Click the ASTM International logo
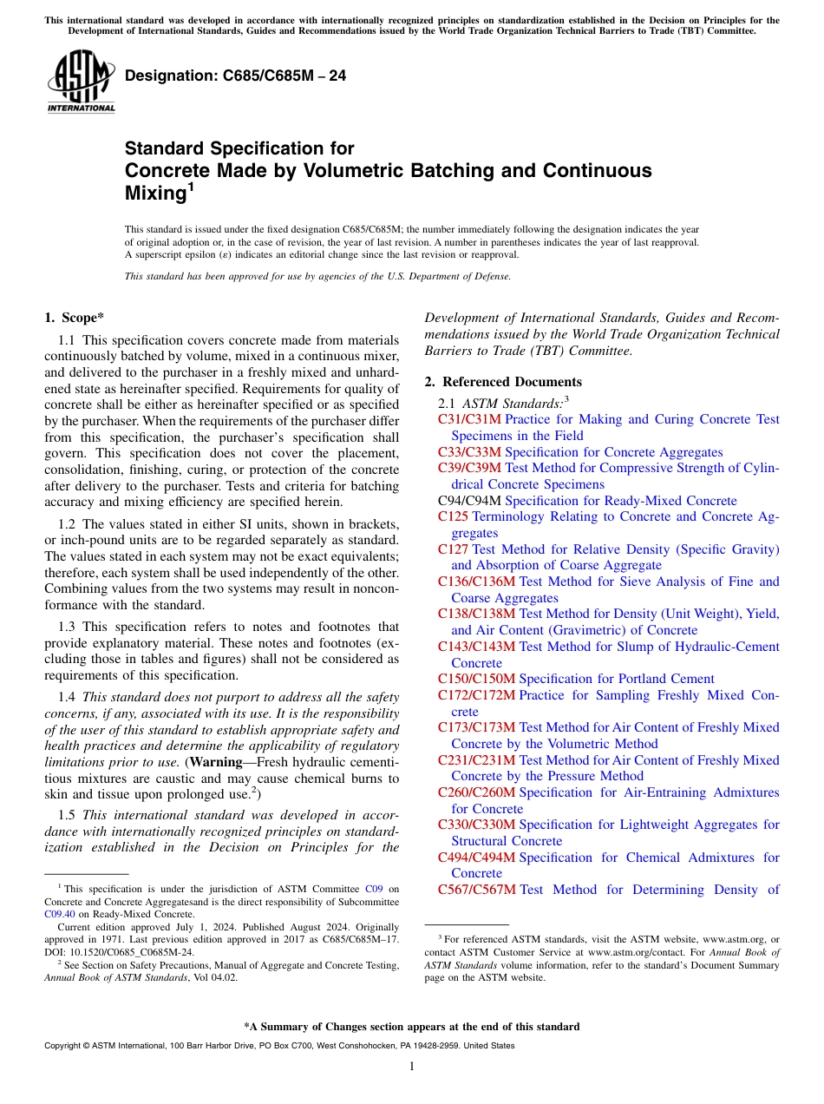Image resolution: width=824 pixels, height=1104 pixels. point(81,82)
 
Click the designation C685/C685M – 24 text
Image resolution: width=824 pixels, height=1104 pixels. point(235,76)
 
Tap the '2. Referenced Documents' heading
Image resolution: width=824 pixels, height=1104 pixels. point(503,382)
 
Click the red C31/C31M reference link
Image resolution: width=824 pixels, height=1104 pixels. point(469,419)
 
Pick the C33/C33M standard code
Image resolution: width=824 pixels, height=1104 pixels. point(469,452)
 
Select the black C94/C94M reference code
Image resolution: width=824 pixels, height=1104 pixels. point(469,501)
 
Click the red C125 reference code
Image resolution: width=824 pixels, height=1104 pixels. point(454,516)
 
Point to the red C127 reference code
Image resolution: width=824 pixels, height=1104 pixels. point(454,549)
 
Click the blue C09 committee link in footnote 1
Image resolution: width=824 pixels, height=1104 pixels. point(373,889)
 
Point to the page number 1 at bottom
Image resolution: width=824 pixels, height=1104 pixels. point(412,1067)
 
